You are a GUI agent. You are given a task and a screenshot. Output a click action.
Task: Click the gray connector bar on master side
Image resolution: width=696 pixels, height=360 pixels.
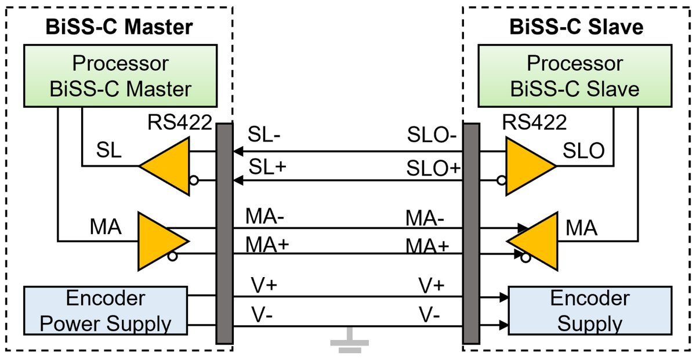223,232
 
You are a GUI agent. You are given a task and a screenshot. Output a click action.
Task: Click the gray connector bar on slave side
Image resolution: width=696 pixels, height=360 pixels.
471,232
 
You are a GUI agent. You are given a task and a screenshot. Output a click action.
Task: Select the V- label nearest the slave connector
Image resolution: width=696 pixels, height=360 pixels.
430,317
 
